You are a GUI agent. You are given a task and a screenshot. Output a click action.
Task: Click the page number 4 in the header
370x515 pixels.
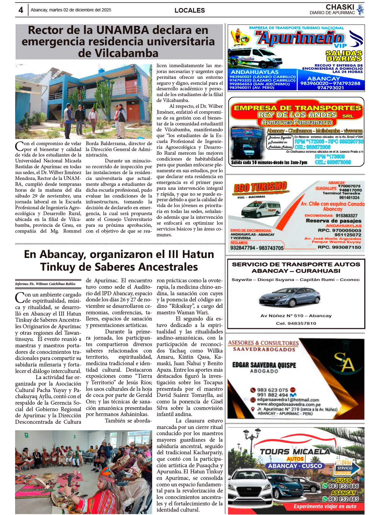pyautogui.click(x=21, y=10)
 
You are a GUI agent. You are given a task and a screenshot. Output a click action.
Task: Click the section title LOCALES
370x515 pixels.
pyautogui.click(x=190, y=10)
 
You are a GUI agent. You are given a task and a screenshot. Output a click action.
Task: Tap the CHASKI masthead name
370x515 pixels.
pyautogui.click(x=340, y=7)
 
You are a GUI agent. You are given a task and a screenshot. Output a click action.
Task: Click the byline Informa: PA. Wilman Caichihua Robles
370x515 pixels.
pyautogui.click(x=45, y=284)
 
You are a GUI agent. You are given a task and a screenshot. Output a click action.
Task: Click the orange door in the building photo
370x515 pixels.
pyautogui.click(x=134, y=113)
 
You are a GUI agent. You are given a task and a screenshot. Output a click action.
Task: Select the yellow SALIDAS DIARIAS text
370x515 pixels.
pyautogui.click(x=344, y=56)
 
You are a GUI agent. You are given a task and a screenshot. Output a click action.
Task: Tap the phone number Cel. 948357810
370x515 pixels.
pyautogui.click(x=296, y=323)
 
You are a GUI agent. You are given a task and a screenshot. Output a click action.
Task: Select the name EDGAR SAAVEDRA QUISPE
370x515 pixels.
pyautogui.click(x=264, y=365)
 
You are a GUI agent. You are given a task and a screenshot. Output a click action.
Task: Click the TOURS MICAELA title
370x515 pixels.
pyautogui.click(x=295, y=452)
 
